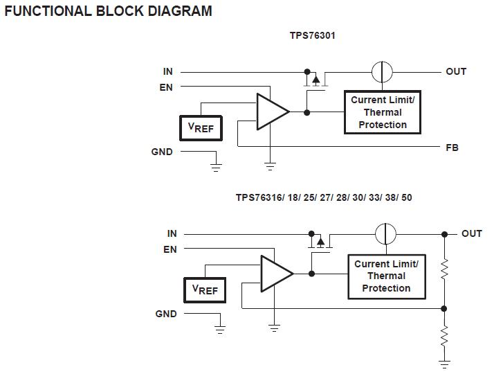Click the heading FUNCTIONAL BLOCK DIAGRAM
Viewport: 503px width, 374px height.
click(109, 11)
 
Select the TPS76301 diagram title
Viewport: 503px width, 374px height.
click(312, 35)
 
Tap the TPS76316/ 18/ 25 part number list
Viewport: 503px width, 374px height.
click(323, 197)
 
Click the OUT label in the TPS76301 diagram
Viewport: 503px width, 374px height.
click(455, 71)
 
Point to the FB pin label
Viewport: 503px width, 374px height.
click(452, 148)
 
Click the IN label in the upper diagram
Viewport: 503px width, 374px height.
click(167, 71)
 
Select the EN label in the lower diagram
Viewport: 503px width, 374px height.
click(170, 249)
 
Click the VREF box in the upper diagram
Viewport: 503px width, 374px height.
click(201, 127)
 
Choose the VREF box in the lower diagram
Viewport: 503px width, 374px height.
click(205, 290)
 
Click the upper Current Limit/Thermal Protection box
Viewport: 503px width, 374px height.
click(383, 112)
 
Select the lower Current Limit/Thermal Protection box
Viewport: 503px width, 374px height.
click(386, 276)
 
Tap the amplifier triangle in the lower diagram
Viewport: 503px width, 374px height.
click(275, 274)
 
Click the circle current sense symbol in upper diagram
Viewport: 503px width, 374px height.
click(382, 71)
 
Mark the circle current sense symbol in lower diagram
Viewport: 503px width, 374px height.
click(385, 234)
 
